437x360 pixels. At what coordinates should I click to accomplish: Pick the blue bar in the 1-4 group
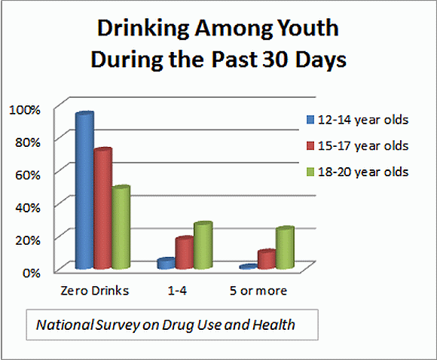click(167, 263)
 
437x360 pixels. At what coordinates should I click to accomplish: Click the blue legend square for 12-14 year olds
click(310, 118)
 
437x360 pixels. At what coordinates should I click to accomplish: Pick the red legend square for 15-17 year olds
click(310, 145)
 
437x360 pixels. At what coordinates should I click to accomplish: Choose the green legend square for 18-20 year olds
click(310, 171)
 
